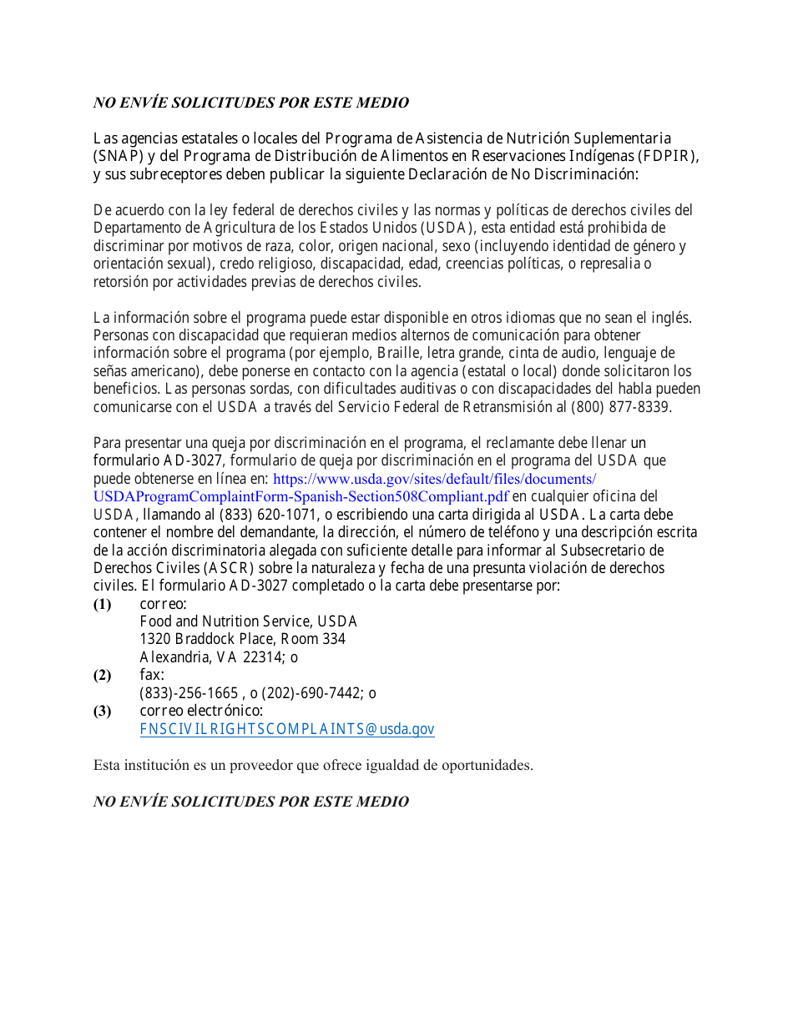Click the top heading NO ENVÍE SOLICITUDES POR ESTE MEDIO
pyautogui.click(x=250, y=103)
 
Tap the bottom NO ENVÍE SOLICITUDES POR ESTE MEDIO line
pyautogui.click(x=250, y=802)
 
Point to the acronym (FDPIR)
pyautogui.click(x=668, y=156)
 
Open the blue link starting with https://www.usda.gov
pyautogui.click(x=435, y=479)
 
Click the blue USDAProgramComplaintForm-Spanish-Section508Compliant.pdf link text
pyautogui.click(x=301, y=497)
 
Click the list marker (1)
pyautogui.click(x=102, y=604)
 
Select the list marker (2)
pyautogui.click(x=102, y=675)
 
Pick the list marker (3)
pyautogui.click(x=102, y=711)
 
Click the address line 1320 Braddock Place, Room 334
pyautogui.click(x=242, y=639)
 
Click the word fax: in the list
pyautogui.click(x=152, y=675)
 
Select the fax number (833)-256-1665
pyautogui.click(x=189, y=693)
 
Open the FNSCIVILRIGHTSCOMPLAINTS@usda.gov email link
pyautogui.click(x=287, y=729)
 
